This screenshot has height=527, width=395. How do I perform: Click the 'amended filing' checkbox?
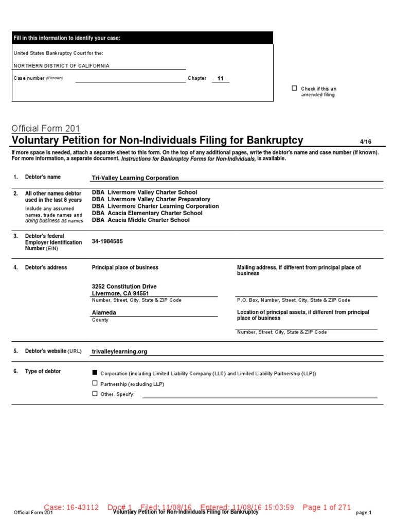tap(294, 89)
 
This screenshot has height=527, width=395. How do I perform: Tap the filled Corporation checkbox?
tap(94, 373)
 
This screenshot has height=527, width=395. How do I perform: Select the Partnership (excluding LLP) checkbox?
tap(94, 383)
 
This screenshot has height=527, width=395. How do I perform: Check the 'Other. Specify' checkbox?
tap(94, 394)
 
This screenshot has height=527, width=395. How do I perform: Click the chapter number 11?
tap(221, 78)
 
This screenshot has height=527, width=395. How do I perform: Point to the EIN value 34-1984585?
tap(107, 241)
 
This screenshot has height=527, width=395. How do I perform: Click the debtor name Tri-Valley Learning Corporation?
tap(135, 178)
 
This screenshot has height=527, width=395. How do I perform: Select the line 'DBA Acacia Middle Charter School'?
tap(140, 220)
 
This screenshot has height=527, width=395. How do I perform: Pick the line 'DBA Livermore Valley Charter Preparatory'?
tap(151, 199)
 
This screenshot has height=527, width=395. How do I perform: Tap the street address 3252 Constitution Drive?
tap(124, 287)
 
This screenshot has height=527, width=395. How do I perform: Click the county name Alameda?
tap(104, 312)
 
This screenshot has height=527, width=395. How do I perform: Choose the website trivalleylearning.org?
tap(119, 352)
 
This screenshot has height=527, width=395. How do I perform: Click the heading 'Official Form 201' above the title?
tap(45, 129)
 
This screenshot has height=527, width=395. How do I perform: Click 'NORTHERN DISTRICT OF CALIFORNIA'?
tap(61, 66)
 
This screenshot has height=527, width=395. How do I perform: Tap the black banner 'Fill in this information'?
tap(142, 38)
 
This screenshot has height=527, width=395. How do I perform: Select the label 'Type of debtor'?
tap(43, 372)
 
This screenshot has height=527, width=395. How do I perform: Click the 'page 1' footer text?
tap(363, 513)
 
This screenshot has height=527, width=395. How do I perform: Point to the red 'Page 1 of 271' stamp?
tap(327, 507)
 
